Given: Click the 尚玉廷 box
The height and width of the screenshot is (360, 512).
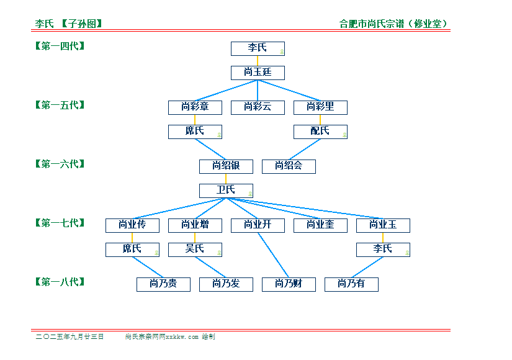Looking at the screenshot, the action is pyautogui.click(x=258, y=73).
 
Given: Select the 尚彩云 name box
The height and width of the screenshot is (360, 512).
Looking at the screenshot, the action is pyautogui.click(x=258, y=107).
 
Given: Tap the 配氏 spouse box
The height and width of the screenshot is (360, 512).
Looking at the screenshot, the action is pyautogui.click(x=320, y=132).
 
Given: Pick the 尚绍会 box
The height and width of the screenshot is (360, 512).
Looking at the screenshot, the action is pyautogui.click(x=289, y=166).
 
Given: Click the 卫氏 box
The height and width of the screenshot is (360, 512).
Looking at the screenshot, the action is pyautogui.click(x=226, y=191).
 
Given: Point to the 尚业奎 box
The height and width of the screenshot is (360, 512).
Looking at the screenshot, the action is pyautogui.click(x=320, y=225).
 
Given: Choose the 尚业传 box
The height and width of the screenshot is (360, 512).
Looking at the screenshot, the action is pyautogui.click(x=132, y=225).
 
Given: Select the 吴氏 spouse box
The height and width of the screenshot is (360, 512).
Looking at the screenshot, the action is pyautogui.click(x=195, y=250).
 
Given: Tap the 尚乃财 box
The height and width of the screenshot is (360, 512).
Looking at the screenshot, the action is pyautogui.click(x=289, y=284).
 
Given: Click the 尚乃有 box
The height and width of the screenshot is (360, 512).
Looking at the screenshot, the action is pyautogui.click(x=351, y=284).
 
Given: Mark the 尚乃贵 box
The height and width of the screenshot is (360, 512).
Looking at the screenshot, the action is pyautogui.click(x=163, y=284).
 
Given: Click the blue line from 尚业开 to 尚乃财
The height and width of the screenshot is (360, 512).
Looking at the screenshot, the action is pyautogui.click(x=273, y=255).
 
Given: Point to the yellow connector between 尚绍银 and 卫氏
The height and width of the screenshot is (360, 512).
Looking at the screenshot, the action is pyautogui.click(x=226, y=179).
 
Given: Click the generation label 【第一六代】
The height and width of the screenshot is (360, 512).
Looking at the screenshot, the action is pyautogui.click(x=60, y=164).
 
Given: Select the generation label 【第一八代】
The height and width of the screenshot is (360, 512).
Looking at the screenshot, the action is pyautogui.click(x=60, y=282).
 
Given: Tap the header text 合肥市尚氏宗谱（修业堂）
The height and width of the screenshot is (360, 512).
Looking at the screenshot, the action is pyautogui.click(x=393, y=24).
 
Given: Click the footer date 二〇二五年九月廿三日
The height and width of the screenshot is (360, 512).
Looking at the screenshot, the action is pyautogui.click(x=70, y=336).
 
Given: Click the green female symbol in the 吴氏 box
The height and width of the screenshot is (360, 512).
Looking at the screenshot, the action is pyautogui.click(x=219, y=253).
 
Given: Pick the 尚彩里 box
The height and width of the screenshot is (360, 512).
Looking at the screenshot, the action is pyautogui.click(x=320, y=107).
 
